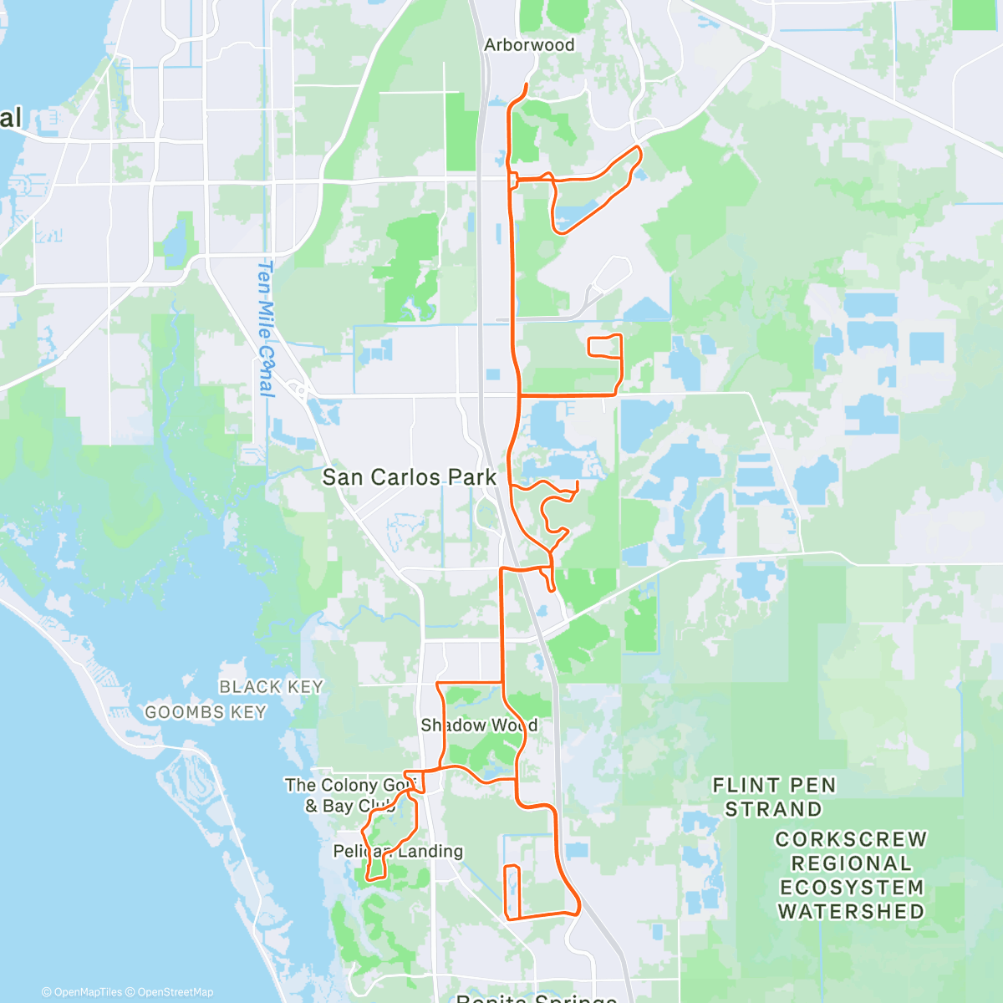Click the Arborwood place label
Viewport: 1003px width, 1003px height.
point(529,45)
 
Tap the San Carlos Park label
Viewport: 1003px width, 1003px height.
point(410,477)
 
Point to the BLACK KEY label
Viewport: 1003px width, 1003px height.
point(271,687)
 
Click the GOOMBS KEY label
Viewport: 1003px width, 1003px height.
point(206,713)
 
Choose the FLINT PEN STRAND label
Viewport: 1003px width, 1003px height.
point(774,797)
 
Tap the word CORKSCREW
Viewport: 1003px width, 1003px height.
point(851,839)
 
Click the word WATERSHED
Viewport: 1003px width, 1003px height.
point(851,912)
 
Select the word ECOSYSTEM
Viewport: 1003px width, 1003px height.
point(851,888)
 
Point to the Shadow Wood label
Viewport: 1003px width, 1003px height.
point(479,726)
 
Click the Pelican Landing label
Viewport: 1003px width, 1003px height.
point(398,852)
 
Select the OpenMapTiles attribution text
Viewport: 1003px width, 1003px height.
point(82,992)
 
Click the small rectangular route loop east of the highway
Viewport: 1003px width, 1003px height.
point(605,345)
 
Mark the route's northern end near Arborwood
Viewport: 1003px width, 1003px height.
point(526,85)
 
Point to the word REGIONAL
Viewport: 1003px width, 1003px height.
point(851,863)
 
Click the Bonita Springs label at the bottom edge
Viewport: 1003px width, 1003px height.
point(537,998)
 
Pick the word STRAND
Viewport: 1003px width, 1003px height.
point(774,810)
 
